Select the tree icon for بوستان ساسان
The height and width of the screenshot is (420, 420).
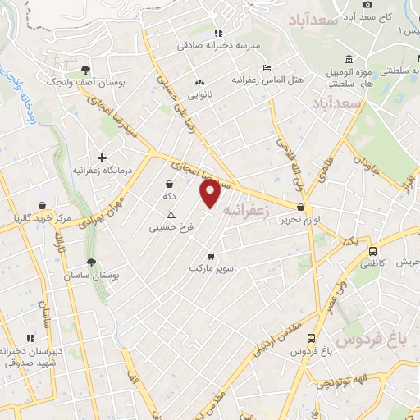91,263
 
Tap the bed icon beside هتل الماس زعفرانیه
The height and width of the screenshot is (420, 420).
266,67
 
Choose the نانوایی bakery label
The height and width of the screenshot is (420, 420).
200,95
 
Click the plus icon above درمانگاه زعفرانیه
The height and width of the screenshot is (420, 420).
102,157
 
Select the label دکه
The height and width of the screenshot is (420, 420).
169,197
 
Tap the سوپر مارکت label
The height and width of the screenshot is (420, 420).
212,267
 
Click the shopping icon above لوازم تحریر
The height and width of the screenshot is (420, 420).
302,208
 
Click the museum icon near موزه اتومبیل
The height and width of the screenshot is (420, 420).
349,59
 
